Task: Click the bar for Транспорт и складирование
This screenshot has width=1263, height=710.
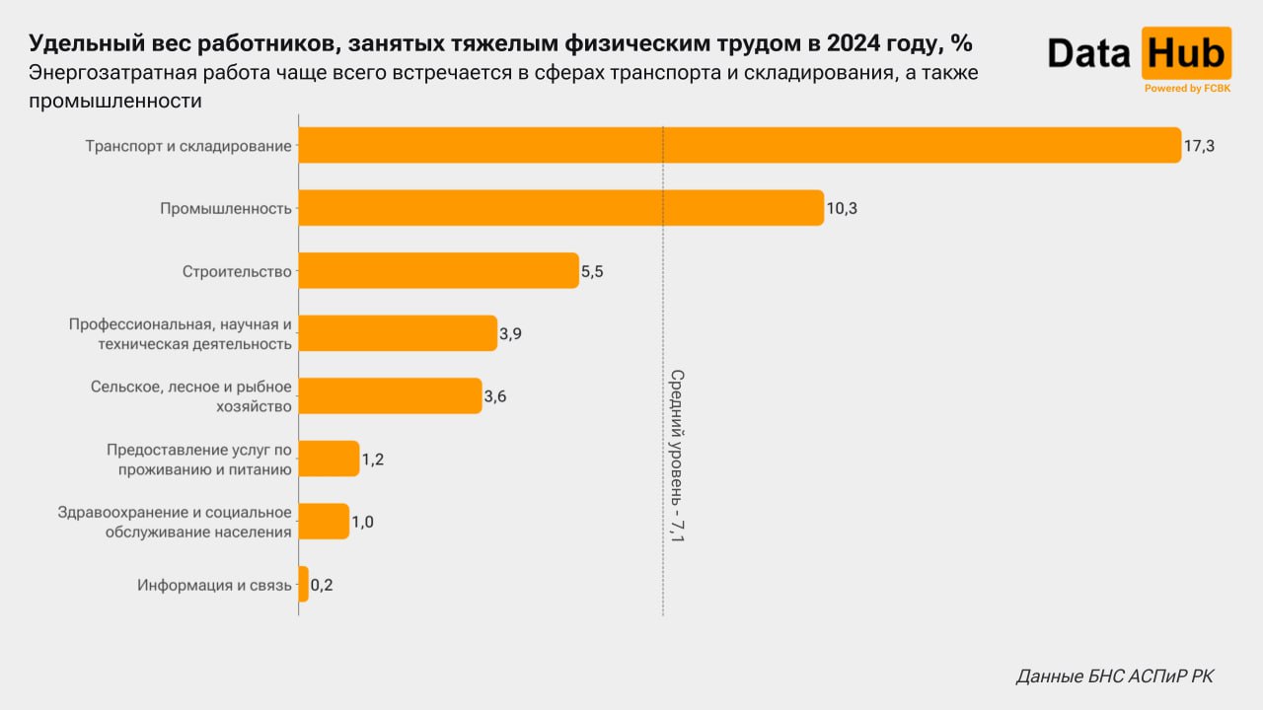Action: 739,145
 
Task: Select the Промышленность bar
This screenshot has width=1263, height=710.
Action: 560,208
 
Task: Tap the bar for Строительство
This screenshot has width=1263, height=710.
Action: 438,271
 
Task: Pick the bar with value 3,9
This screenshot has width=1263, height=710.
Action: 398,333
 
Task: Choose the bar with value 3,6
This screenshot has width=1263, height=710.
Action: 390,395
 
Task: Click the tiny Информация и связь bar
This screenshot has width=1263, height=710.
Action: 303,584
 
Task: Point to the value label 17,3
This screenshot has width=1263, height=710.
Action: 1199,146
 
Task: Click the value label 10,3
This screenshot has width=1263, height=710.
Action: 842,209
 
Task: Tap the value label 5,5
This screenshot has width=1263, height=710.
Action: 592,272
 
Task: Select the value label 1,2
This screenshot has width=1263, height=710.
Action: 372,460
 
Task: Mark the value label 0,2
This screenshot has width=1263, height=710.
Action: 322,585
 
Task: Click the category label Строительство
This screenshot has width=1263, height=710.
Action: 237,272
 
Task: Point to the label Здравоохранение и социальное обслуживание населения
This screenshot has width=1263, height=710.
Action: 175,522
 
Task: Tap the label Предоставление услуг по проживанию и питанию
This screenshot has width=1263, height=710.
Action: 198,460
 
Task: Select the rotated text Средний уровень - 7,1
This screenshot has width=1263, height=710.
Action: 677,456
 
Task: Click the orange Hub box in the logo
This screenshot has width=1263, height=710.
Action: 1186,52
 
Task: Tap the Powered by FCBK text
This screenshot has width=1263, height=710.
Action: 1187,89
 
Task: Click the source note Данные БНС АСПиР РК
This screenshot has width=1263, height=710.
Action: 1115,676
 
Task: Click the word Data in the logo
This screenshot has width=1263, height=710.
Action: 1088,53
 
